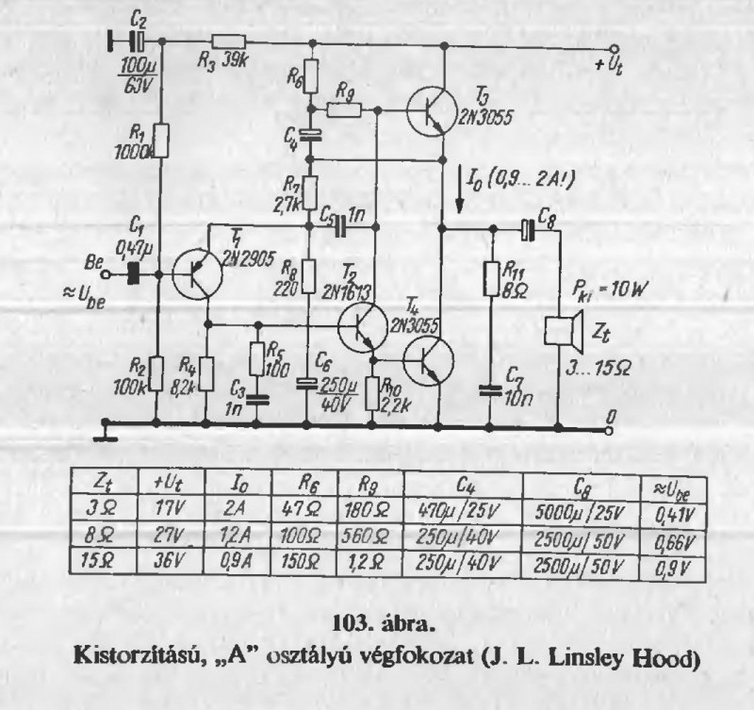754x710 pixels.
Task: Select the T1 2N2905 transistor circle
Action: tap(197, 274)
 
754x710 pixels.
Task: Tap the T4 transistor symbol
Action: tap(428, 361)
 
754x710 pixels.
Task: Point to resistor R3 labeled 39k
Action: tap(228, 42)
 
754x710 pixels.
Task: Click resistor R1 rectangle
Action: tap(161, 141)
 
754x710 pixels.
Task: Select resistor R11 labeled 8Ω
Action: tap(491, 281)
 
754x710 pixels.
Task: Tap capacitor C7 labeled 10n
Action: tap(491, 391)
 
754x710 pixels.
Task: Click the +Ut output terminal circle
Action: tap(612, 49)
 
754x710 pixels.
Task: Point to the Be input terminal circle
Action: tap(105, 275)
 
